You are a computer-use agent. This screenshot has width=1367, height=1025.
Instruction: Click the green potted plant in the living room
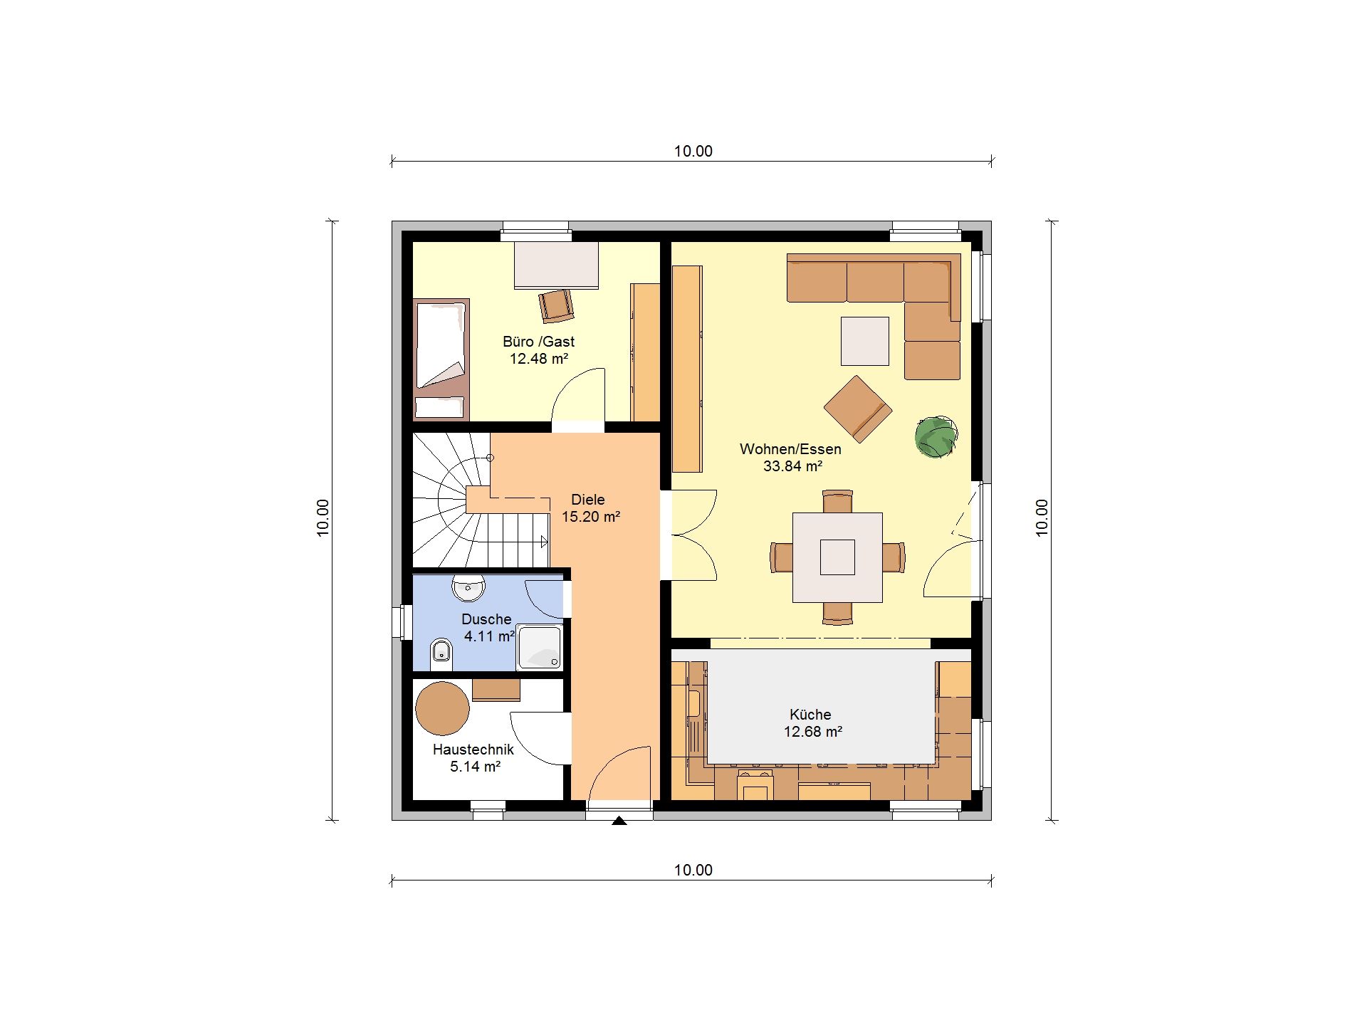click(x=936, y=436)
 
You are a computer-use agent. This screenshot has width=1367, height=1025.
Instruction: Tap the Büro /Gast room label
click(x=538, y=342)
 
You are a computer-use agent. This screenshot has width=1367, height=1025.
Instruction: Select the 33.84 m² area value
click(x=792, y=466)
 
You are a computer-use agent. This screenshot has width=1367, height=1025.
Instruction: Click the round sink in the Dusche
click(x=468, y=587)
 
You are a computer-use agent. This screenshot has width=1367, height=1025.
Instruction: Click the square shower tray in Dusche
click(x=540, y=647)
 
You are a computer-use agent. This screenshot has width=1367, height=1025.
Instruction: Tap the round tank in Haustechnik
click(x=443, y=708)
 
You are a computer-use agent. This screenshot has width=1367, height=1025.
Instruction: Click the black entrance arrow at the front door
click(x=619, y=821)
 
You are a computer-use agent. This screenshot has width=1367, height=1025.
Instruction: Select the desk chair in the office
click(x=556, y=305)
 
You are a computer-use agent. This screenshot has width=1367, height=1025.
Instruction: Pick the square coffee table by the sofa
click(x=865, y=341)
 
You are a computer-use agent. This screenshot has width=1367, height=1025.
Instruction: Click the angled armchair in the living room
click(x=858, y=409)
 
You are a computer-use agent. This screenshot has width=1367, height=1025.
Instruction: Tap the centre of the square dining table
click(x=837, y=557)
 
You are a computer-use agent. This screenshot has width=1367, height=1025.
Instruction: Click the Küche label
click(x=810, y=715)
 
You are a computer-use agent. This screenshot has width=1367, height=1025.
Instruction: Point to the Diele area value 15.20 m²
click(x=591, y=517)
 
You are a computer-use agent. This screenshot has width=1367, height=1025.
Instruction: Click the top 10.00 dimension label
click(x=693, y=151)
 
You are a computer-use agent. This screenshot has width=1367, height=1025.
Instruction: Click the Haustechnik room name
click(x=473, y=750)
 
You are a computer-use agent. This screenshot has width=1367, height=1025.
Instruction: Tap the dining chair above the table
click(x=837, y=500)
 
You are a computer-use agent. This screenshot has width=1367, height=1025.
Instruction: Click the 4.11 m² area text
click(x=489, y=636)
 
